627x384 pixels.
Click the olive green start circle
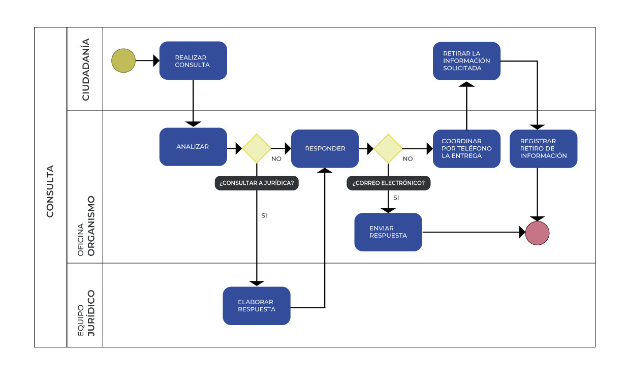pos(123,60)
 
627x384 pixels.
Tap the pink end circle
pos(537,233)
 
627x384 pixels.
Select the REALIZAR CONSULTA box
pos(193,60)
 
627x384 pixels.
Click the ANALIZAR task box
pos(193,147)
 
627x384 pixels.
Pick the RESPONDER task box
pos(325,148)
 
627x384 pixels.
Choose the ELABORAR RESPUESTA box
pos(256,306)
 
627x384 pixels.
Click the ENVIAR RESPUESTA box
pos(388,232)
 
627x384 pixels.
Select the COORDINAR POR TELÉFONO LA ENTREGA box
pos(466,148)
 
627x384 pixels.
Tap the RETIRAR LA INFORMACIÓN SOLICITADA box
pos(466,61)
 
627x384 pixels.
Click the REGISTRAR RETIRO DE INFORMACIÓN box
pos(543,148)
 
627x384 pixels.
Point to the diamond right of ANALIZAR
pos(257,148)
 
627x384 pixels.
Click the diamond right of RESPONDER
pos(388,148)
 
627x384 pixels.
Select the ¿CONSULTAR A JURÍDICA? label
pos(257,183)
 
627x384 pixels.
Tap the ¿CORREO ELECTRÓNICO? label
pos(388,183)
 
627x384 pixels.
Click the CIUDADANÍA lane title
pos(85,69)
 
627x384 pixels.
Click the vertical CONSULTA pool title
pos(50,191)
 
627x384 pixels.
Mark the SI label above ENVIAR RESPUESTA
pos(396,198)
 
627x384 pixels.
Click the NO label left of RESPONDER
pos(276,158)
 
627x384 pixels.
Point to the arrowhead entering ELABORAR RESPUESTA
pos(257,283)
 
